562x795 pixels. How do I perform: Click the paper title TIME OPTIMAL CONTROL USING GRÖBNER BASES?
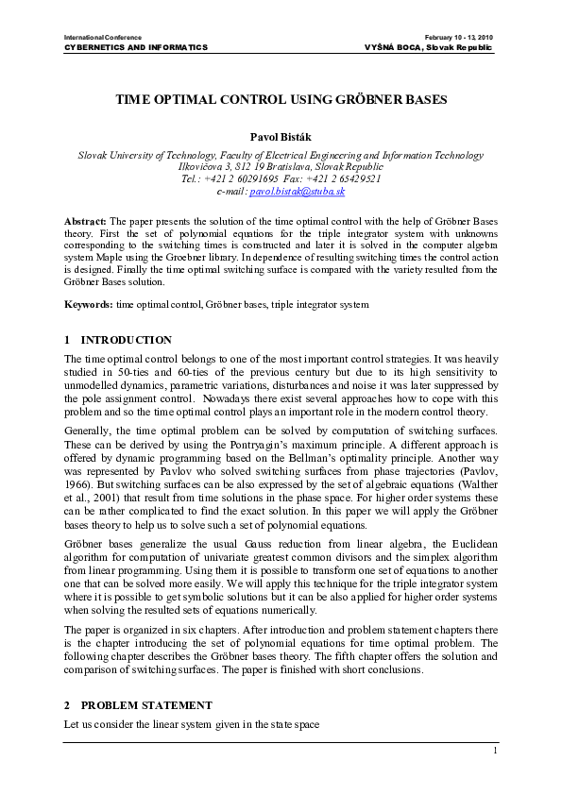point(281,98)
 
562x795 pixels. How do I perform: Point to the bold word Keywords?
point(89,305)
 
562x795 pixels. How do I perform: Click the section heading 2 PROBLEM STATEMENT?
point(146,705)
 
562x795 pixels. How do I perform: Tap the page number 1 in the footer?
point(494,751)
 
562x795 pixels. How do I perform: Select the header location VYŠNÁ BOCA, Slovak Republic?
point(428,47)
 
